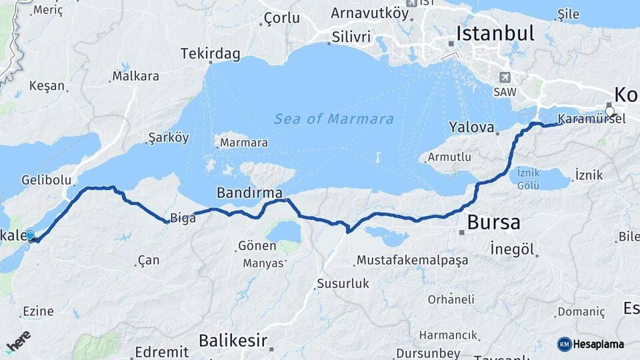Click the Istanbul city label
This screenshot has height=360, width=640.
(495, 34)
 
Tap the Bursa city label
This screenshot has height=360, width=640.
(493, 222)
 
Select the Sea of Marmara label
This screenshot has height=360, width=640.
(333, 119)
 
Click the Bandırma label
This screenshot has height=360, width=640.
(249, 193)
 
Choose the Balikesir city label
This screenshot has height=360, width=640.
(232, 341)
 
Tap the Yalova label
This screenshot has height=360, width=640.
(471, 127)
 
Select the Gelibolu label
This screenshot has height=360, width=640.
(46, 180)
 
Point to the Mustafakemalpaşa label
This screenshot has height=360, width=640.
(412, 260)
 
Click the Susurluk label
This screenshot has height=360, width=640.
(343, 283)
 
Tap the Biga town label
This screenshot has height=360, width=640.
(183, 217)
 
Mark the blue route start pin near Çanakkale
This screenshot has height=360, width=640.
(29, 235)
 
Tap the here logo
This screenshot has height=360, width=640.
(19, 341)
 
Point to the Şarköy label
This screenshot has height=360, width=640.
(169, 138)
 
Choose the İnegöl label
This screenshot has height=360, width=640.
(513, 249)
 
